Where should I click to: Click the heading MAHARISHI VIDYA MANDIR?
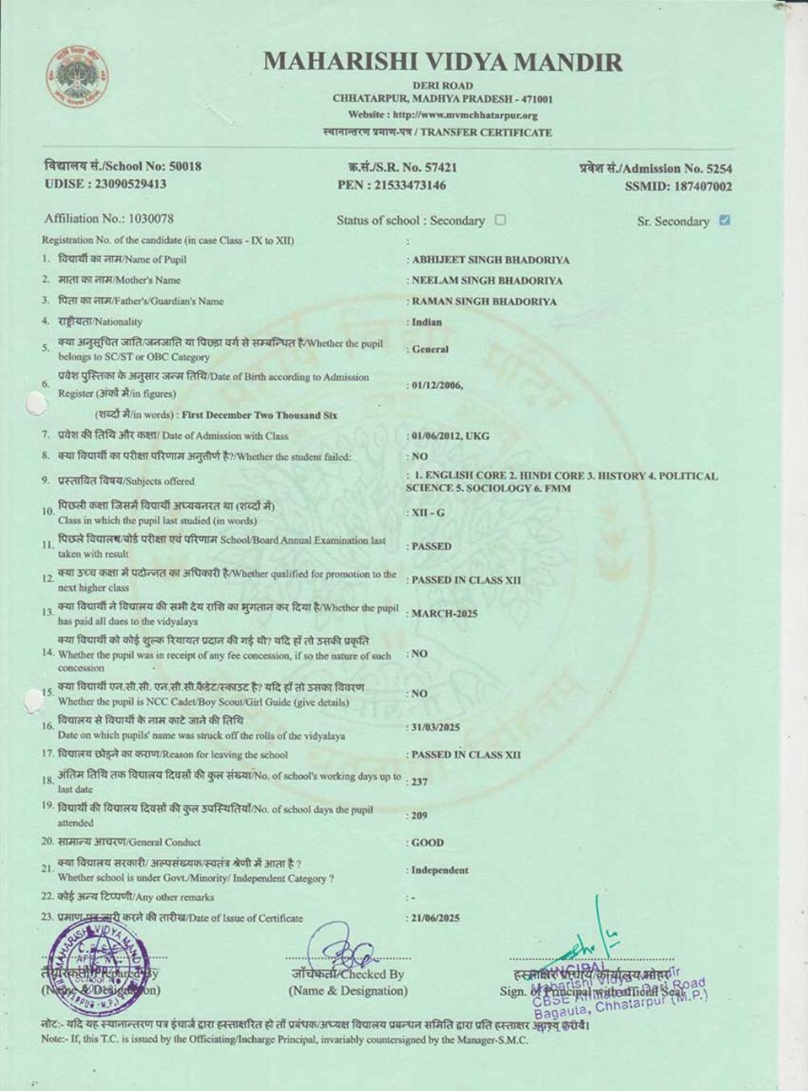coord(443,62)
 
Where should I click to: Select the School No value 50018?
coord(185,166)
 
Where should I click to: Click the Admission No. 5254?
coord(719,169)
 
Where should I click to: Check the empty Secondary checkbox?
coord(500,220)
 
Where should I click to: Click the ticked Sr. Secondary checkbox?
coord(724,220)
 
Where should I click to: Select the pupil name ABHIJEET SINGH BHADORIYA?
coord(490,260)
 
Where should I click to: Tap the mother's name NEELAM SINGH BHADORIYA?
coord(487,280)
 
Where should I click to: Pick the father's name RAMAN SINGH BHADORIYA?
coord(484,301)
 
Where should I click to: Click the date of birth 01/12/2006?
coord(436,385)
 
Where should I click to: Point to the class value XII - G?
coord(428,513)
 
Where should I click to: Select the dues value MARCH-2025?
coord(444,613)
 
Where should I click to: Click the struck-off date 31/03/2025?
coord(436,727)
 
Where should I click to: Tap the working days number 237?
coord(420,782)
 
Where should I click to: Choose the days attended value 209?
coord(420,816)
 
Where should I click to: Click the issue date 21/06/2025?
coord(436,918)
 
